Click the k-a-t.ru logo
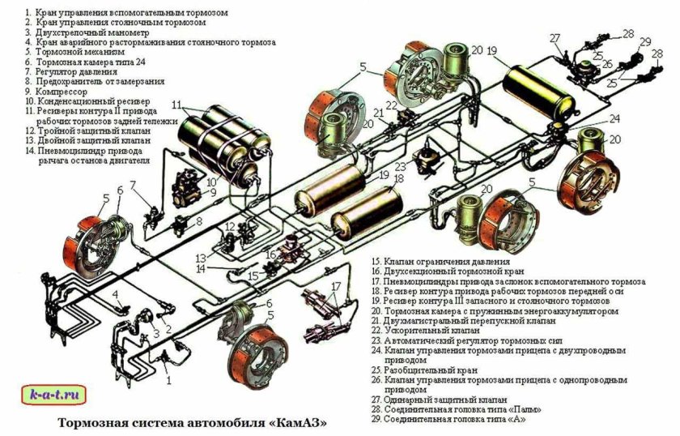53,396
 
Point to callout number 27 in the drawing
555,38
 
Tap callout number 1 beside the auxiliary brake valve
168,378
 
